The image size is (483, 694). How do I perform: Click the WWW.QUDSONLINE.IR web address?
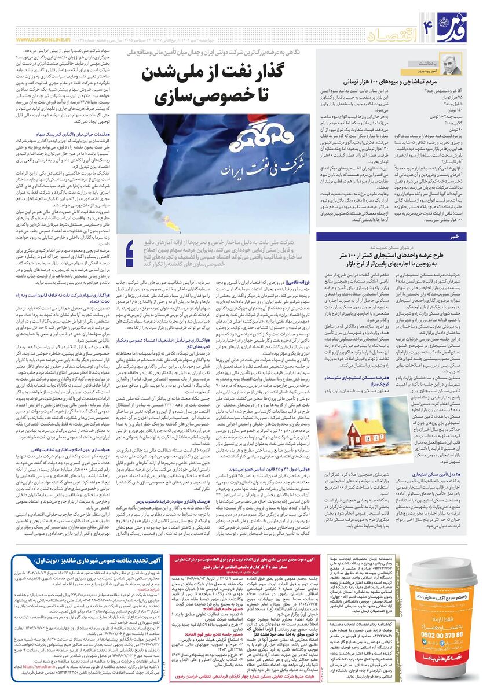[43, 40]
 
